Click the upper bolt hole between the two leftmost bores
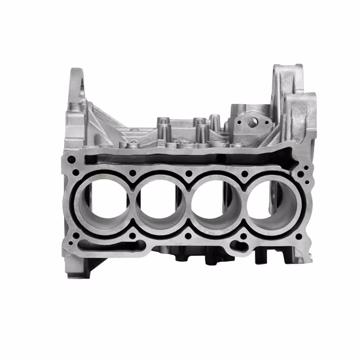tap(133, 173)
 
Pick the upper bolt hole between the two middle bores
tap(189, 173)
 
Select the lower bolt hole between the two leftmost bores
tap(133, 238)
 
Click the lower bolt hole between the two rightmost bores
tap(246, 238)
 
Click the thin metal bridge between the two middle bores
tap(189, 206)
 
